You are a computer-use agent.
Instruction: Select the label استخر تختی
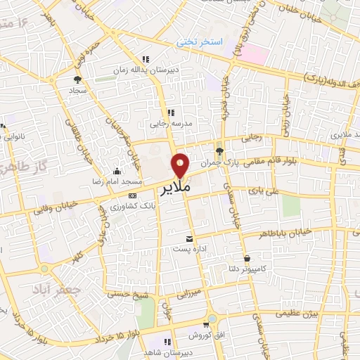[x=199, y=42]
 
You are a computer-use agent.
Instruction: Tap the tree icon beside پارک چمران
[x=219, y=150]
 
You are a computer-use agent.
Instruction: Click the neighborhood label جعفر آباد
[x=53, y=289]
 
